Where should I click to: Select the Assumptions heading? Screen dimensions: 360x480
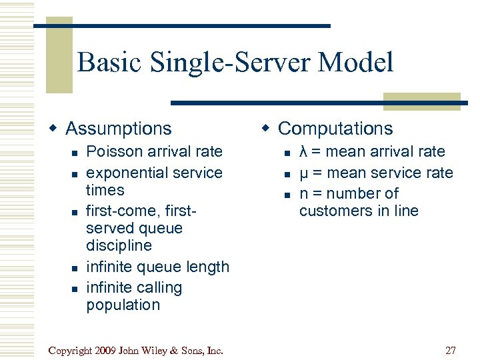point(119,128)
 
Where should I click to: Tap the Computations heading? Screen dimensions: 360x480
point(335,128)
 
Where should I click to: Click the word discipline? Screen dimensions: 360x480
point(119,245)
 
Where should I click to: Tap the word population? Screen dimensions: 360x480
point(123,305)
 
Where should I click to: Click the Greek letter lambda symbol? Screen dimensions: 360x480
point(303,152)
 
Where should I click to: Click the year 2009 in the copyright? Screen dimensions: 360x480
point(109,350)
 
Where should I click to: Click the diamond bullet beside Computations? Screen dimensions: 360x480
point(265,128)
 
